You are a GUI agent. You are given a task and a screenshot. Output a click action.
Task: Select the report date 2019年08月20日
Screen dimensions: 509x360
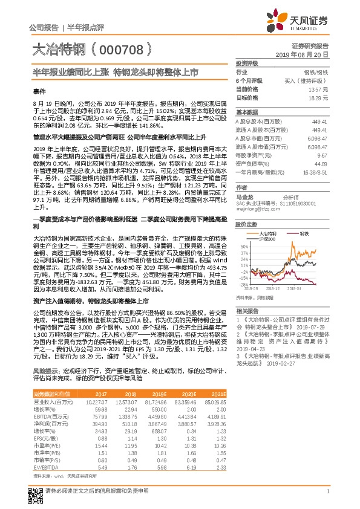tap(306, 54)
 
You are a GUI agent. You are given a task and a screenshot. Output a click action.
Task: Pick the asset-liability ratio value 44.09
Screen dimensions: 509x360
tap(321, 163)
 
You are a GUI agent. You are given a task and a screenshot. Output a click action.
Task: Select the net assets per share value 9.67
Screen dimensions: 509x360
tap(322, 155)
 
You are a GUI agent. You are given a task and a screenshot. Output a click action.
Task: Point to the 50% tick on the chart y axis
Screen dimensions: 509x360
tap(243, 247)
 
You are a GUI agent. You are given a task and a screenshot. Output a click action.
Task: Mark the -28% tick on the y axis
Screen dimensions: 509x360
tap(243, 284)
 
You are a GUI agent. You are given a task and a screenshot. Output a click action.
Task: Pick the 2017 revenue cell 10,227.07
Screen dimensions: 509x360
tap(97, 401)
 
